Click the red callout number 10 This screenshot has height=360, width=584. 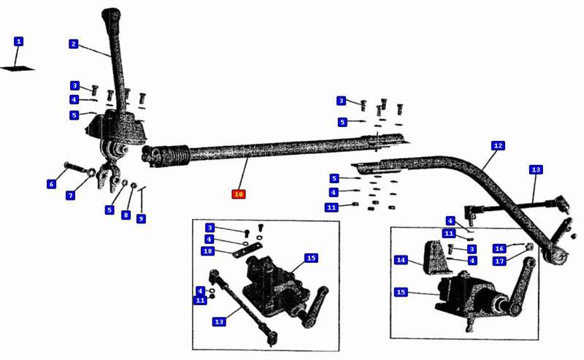pos(238,194)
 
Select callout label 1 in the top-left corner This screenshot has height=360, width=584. pos(18,42)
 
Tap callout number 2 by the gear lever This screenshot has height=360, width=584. pos(73,44)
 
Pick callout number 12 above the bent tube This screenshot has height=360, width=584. pos(498,145)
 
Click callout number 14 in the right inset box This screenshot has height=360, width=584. pos(401,260)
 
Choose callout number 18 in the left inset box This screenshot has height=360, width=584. pos(207,251)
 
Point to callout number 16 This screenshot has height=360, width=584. pos(499,249)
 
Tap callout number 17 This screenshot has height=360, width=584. pos(499,261)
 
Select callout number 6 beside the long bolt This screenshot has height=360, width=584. pos(51,184)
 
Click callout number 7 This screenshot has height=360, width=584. pos(71,195)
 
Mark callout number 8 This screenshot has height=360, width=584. pos(126,215)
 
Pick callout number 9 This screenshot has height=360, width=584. pos(141,218)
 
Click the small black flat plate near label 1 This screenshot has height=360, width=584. pos(18,69)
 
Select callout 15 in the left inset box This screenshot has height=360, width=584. pos(311,258)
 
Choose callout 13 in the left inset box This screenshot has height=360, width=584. pos(220,321)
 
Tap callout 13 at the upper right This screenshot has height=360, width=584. pos(536,169)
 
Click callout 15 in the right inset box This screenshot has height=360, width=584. pos(401,292)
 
